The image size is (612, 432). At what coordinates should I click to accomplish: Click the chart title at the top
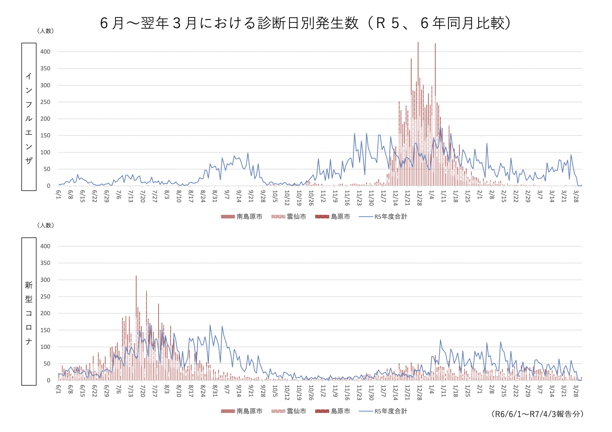point(306,23)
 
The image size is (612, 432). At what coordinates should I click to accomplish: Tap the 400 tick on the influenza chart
point(45,52)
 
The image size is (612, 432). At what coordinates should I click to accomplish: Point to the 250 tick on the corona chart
point(45,296)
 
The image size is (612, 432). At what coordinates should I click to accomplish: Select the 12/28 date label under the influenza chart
point(419,198)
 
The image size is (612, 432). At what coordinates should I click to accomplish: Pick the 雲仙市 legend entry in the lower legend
point(289,411)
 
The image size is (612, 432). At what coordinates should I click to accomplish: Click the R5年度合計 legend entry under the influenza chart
point(383,217)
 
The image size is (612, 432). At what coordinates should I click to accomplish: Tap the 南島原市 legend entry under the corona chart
point(241,411)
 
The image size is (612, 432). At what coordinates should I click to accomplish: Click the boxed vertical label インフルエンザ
point(29,117)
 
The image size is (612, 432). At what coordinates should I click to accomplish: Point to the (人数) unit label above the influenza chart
point(46,31)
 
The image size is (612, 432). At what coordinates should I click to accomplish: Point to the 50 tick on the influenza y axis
point(47,169)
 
